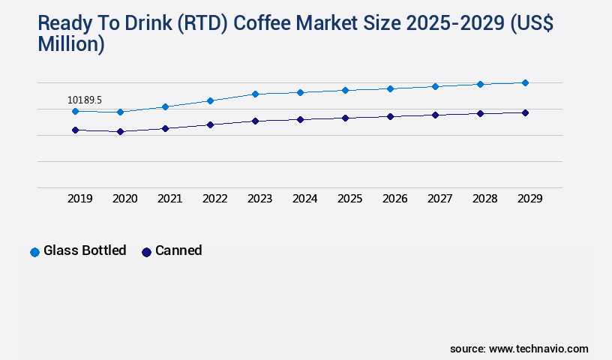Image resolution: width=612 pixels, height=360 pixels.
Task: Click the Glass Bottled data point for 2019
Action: [x=75, y=111]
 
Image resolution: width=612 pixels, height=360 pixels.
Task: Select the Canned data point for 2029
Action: [x=525, y=112]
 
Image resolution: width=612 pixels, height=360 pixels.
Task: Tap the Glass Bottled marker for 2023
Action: [x=255, y=94]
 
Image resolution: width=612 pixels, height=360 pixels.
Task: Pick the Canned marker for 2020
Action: [x=120, y=131]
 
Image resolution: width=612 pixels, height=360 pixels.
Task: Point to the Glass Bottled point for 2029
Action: [x=525, y=82]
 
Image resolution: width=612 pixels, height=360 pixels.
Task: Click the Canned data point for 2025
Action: [x=345, y=118]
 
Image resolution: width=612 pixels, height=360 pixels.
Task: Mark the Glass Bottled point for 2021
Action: [x=165, y=106]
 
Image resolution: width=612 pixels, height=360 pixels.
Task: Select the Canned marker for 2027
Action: [x=435, y=115]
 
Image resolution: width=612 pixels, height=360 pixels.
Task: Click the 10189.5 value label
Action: [x=84, y=100]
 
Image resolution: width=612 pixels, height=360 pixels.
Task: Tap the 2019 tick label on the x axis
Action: [x=80, y=199]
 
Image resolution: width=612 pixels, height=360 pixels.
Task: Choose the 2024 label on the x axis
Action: [x=305, y=199]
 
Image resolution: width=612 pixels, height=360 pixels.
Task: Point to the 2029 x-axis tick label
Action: [x=530, y=199]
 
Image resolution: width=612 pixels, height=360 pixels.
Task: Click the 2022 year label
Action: [x=215, y=199]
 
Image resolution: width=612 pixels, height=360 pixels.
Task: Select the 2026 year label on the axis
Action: [x=395, y=199]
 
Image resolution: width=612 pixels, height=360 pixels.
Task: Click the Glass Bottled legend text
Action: [x=85, y=250]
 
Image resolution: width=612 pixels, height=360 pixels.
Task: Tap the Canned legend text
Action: [x=178, y=250]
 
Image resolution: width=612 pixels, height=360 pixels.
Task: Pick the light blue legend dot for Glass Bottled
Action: [x=34, y=252]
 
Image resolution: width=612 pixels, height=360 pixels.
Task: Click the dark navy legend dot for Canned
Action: [x=146, y=252]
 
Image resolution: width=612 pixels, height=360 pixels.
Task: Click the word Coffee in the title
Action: [x=265, y=23]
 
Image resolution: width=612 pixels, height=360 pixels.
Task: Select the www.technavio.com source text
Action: [x=538, y=349]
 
